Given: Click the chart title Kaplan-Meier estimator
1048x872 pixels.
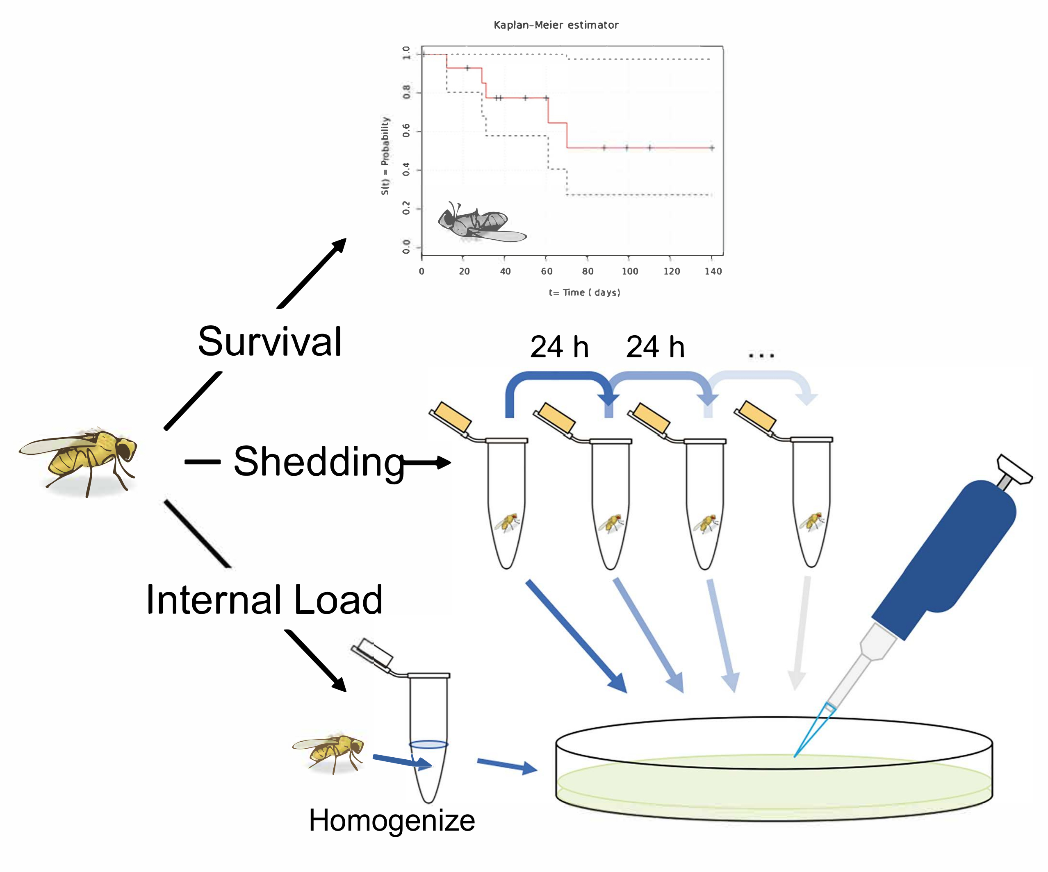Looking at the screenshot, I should pos(556,25).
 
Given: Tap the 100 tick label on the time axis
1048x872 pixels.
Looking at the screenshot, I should pos(629,271).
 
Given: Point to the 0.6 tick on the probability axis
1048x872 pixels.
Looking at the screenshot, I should pos(406,131).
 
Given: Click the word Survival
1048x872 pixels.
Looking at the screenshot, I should pos(270,342).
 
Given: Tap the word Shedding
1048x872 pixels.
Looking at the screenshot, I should pos(319,462).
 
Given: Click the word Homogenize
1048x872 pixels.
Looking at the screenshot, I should pos(392,821).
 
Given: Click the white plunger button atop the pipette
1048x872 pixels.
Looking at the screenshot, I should pos(1013,469).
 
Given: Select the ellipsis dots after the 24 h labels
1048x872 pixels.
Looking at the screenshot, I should pos(761,356).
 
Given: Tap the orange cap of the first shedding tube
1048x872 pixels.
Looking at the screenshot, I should pos(452,418).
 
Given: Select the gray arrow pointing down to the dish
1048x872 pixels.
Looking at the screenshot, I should pos(800,634).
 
